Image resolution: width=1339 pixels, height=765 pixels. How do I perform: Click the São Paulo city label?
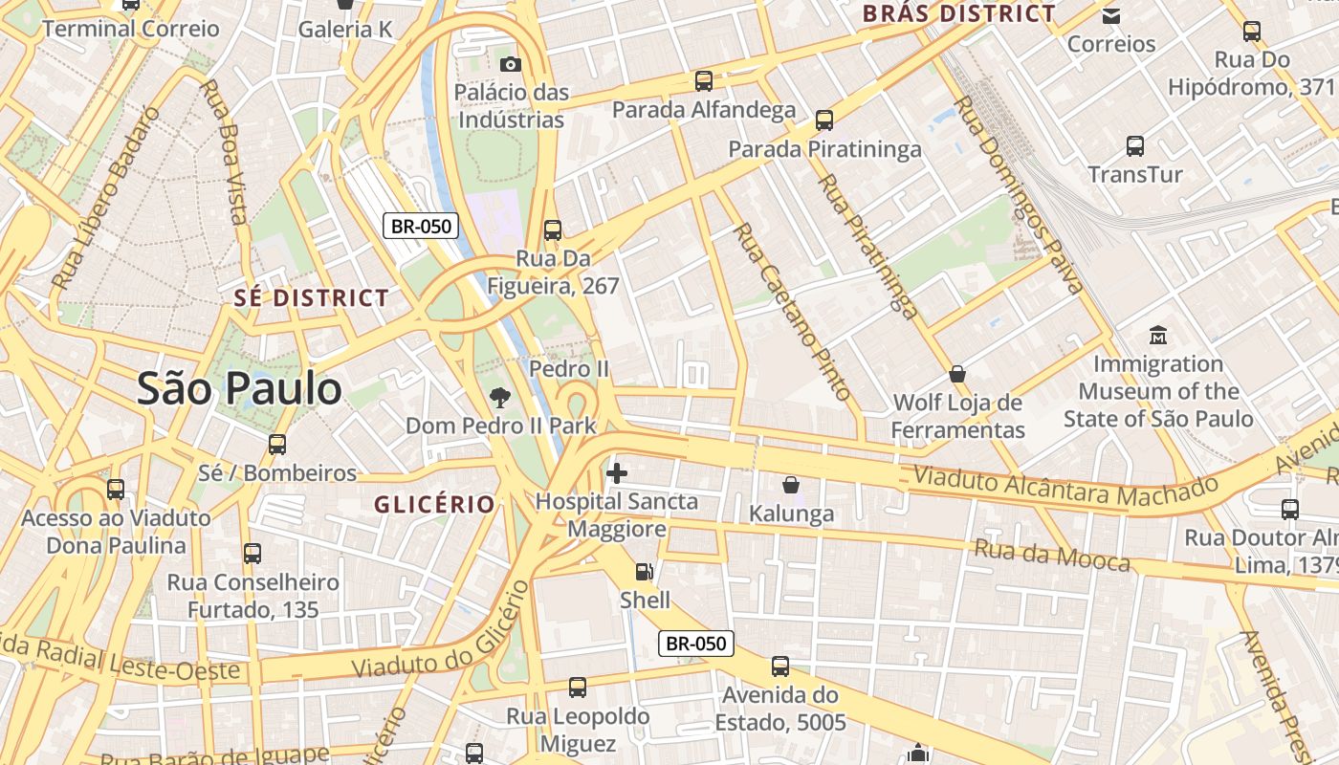pyautogui.click(x=239, y=388)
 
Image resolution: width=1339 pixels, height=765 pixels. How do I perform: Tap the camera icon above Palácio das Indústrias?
pyautogui.click(x=512, y=64)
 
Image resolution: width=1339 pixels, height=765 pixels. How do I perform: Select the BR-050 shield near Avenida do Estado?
pyautogui.click(x=696, y=644)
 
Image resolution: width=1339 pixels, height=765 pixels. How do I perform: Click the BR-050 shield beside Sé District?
pyautogui.click(x=421, y=227)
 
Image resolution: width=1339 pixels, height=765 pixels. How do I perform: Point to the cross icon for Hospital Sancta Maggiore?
pyautogui.click(x=617, y=472)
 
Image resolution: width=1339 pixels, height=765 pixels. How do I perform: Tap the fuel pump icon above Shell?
pyautogui.click(x=645, y=572)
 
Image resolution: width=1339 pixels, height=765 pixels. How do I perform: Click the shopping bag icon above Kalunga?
pyautogui.click(x=791, y=485)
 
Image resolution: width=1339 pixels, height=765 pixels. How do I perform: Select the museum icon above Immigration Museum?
pyautogui.click(x=1158, y=336)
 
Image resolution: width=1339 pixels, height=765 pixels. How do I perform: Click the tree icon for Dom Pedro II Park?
pyautogui.click(x=499, y=398)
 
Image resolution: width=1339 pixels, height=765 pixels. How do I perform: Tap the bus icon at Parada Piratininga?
pyautogui.click(x=824, y=120)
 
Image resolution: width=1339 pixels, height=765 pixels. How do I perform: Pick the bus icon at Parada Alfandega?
pyautogui.click(x=704, y=81)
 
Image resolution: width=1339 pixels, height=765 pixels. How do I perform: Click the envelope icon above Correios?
pyautogui.click(x=1111, y=15)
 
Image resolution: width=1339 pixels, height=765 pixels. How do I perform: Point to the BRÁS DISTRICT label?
pyautogui.click(x=959, y=13)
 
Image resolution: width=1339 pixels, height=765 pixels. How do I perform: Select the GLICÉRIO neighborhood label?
pyautogui.click(x=435, y=504)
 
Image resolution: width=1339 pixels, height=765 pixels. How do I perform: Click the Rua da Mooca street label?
pyautogui.click(x=1052, y=555)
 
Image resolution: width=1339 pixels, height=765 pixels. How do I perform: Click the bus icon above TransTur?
pyautogui.click(x=1135, y=146)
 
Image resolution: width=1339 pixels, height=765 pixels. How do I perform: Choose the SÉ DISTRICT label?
pyautogui.click(x=312, y=297)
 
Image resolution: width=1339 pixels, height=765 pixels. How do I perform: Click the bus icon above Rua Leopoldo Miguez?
pyautogui.click(x=578, y=687)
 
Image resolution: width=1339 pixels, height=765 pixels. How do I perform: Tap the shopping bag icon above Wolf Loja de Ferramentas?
pyautogui.click(x=957, y=374)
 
